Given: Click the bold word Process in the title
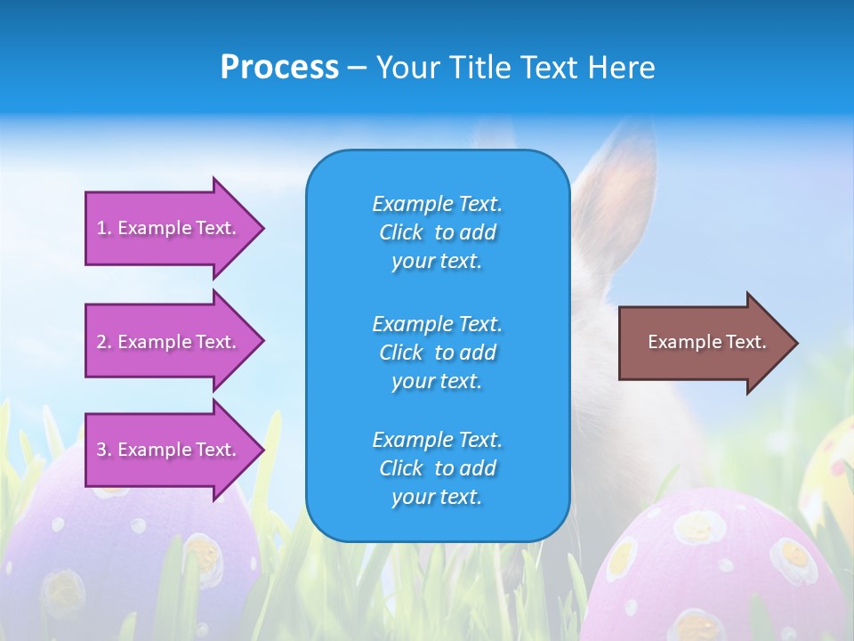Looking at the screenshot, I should pos(279,68).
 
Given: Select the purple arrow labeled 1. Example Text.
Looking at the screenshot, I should pos(169,228).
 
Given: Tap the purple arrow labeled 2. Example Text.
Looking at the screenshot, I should pos(169,342).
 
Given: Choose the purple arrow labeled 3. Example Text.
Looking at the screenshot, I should pos(169,450).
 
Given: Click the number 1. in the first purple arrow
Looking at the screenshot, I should pos(104,228).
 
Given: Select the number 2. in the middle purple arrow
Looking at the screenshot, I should pos(104,342).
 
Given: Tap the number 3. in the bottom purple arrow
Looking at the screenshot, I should pos(104,450).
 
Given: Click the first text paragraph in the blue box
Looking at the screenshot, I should pos(437,232).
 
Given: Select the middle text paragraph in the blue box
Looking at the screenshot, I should pos(437,353).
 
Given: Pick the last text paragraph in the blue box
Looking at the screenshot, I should pos(437,468).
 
